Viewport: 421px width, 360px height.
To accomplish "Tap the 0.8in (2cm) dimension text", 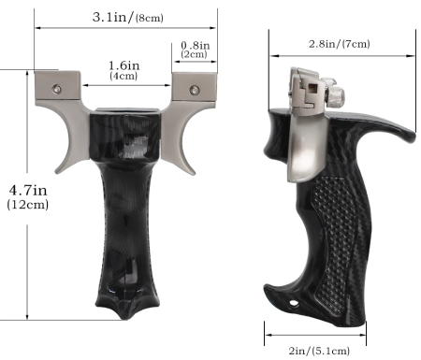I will coord(194,49).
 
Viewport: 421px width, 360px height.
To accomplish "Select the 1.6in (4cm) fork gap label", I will coord(124,70).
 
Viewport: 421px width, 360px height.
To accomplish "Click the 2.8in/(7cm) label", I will coord(338,44).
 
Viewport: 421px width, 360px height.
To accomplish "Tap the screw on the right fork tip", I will coord(195,91).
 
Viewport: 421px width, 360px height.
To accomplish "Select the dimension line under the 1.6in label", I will coord(126,85).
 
